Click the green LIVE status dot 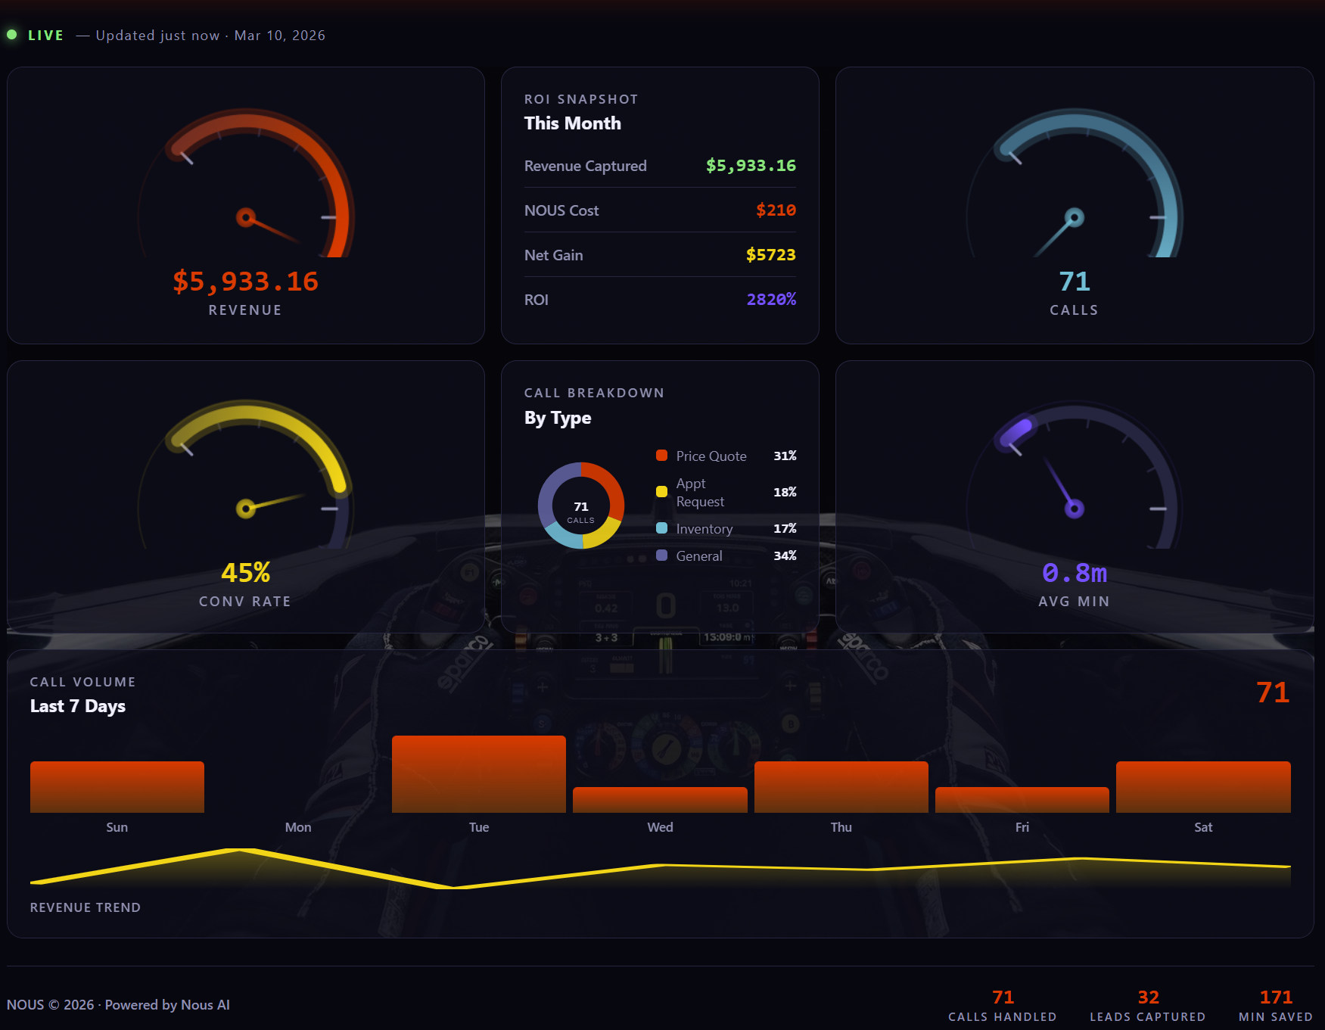[12, 35]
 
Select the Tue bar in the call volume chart [478, 773]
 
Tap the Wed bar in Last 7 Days [660, 800]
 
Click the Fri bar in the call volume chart [1022, 800]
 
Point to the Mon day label [298, 827]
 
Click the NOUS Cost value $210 [776, 210]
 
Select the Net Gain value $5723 [770, 255]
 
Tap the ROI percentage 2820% [771, 300]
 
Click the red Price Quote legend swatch [661, 456]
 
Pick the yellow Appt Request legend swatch [661, 492]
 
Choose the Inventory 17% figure [785, 528]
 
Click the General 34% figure [785, 555]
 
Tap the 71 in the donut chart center [581, 506]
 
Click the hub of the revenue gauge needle [245, 218]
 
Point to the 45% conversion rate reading [245, 573]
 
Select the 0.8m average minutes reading [1074, 573]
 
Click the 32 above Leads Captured [1148, 997]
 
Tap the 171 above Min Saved [1275, 997]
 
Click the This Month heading [572, 123]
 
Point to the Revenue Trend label [86, 907]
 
